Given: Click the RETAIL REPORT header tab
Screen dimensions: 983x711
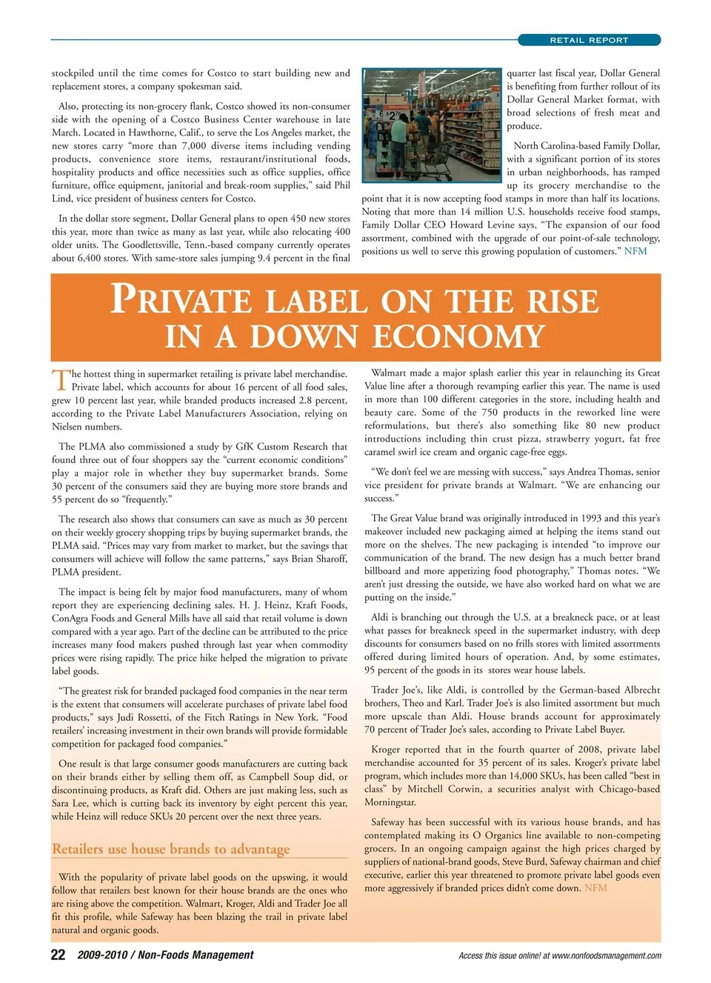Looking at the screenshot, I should (589, 40).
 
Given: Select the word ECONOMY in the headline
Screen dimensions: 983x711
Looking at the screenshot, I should (458, 337).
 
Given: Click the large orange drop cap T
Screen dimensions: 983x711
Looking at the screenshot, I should (60, 380).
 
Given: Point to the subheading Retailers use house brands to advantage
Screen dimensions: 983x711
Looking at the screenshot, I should (170, 849).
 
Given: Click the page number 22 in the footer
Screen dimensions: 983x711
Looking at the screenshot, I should (58, 955).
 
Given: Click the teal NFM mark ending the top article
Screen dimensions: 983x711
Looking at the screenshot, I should (635, 251).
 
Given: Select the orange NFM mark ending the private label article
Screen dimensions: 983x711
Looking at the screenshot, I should (595, 887).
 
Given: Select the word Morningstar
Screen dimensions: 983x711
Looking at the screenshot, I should (390, 802).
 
